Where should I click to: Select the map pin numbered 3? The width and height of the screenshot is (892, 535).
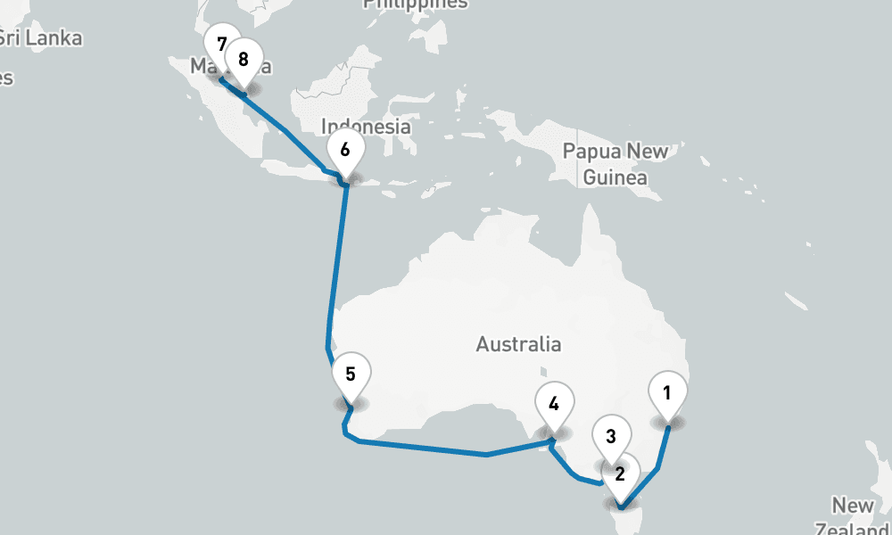pos(611,437)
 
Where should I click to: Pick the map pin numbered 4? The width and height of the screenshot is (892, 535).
pos(554,404)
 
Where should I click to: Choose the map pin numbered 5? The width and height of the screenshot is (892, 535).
pos(351,374)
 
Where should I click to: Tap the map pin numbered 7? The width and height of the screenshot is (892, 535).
pos(220,43)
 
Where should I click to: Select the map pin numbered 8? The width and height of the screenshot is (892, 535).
pos(243,60)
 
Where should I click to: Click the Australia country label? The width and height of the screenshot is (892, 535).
pos(518,344)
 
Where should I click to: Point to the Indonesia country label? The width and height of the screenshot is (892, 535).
pos(366,127)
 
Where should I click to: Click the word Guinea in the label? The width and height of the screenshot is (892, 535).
pos(615,178)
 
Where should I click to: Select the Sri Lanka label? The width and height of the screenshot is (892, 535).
pos(40,38)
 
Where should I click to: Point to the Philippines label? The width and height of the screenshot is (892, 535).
pos(415,4)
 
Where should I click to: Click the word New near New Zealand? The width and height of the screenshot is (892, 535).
pos(853,506)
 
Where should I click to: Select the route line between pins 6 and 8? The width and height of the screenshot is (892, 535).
pos(285,132)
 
